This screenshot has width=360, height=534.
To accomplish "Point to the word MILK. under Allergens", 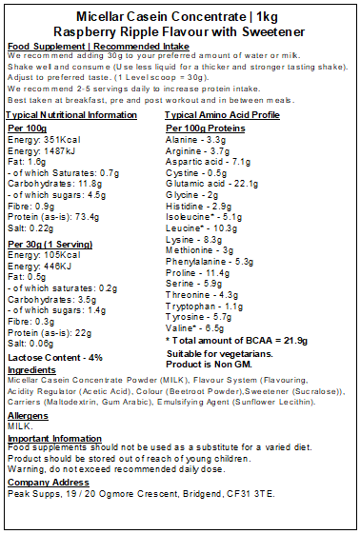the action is pyautogui.click(x=19, y=427).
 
